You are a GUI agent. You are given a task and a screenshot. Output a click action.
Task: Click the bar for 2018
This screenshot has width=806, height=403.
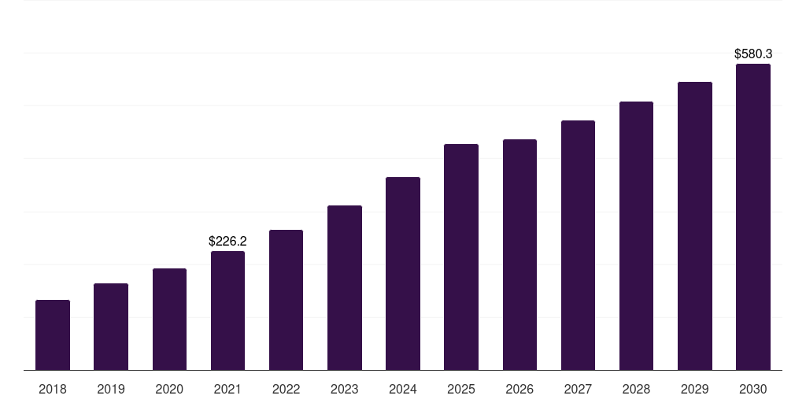53,335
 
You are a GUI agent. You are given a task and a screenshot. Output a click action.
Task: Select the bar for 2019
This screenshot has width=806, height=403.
111,327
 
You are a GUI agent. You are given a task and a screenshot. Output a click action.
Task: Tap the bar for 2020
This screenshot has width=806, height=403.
169,319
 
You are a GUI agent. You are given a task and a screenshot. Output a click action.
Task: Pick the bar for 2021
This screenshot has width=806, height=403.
227,310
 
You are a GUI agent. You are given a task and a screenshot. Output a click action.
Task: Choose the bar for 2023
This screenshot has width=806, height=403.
345,287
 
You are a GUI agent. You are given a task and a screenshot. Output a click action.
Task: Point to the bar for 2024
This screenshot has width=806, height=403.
403,273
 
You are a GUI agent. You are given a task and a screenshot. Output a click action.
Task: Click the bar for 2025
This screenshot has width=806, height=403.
461,257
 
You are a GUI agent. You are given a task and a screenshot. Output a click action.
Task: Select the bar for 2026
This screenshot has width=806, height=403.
519,254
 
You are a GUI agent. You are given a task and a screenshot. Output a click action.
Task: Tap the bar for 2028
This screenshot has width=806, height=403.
636,235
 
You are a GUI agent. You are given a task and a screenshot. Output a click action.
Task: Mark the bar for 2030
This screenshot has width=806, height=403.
753,216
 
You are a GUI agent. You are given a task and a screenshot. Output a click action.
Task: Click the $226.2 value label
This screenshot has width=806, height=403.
227,242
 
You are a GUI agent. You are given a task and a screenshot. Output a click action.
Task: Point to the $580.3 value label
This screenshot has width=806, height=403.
753,54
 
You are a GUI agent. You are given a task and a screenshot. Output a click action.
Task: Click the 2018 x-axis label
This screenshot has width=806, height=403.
53,389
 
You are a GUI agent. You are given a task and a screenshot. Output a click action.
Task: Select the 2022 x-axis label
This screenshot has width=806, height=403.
286,389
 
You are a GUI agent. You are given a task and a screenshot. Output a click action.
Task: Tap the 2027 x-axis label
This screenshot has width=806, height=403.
578,389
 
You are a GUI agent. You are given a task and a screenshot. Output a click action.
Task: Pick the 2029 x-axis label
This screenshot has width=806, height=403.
695,389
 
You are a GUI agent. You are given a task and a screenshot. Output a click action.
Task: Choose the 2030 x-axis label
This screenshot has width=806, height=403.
753,389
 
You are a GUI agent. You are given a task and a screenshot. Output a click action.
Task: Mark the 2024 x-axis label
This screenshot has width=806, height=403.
403,389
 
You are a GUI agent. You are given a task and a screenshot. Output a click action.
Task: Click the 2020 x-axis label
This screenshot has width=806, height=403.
169,389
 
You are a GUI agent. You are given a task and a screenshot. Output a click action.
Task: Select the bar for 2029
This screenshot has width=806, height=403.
695,226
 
